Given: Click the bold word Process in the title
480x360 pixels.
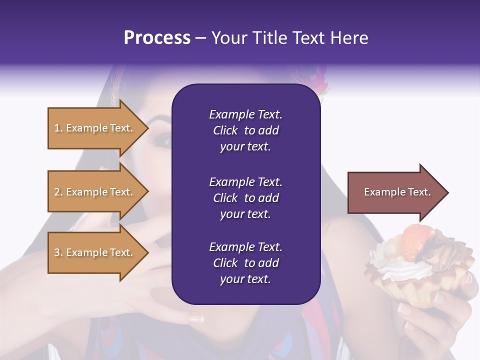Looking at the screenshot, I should [x=157, y=37].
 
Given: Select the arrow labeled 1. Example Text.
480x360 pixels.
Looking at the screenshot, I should [x=95, y=128].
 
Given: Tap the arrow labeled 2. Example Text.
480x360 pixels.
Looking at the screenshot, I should [x=95, y=192].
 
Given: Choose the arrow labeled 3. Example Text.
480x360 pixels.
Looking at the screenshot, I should [x=95, y=252].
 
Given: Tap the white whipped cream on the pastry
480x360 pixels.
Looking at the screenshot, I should [x=400, y=270].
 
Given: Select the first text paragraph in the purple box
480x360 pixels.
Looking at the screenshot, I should [x=245, y=130].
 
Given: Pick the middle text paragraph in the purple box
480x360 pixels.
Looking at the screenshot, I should [x=245, y=198].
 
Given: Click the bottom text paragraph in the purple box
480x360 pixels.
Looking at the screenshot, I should [x=245, y=263].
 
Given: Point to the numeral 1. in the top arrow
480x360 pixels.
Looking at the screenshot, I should [x=58, y=128].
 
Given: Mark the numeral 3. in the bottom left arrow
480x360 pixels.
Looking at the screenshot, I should [x=58, y=252].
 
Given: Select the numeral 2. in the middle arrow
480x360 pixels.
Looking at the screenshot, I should [x=58, y=192].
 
